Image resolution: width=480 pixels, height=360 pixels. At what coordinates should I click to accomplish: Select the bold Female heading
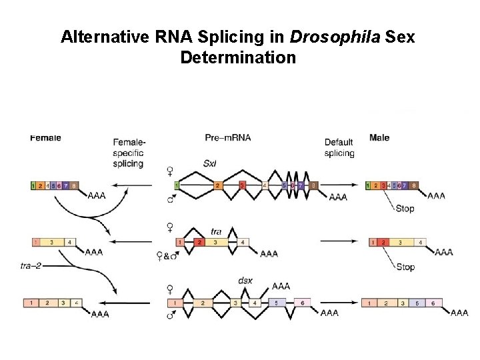pos(45,138)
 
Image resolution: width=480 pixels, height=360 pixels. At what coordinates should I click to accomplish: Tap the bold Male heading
pos(379,138)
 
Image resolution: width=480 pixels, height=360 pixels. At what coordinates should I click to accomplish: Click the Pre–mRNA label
pos(228,138)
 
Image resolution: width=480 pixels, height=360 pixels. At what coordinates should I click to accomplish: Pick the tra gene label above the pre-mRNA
pos(216,231)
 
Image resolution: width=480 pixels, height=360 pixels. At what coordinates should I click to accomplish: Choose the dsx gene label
pos(245,281)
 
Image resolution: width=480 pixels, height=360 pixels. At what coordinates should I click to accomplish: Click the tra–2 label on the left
pos(31,266)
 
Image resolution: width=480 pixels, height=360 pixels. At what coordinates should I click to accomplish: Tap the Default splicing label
pos(339,147)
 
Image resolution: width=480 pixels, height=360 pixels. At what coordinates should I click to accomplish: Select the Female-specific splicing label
pos(129,153)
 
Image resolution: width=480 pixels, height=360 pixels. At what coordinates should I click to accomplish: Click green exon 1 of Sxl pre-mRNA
pos(177,185)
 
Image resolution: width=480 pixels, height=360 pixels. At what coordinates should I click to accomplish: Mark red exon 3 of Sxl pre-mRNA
pos(242,185)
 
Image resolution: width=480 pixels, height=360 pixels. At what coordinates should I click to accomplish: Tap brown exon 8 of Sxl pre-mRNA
pos(313,185)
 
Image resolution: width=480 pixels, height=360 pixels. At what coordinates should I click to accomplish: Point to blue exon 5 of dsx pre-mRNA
pos(276,303)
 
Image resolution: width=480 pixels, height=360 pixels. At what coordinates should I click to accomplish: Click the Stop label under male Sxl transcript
pos(405,208)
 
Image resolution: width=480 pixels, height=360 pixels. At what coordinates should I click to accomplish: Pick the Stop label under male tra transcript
pos(405,267)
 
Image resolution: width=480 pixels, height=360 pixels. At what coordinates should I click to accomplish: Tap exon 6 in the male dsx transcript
pos(433,303)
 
